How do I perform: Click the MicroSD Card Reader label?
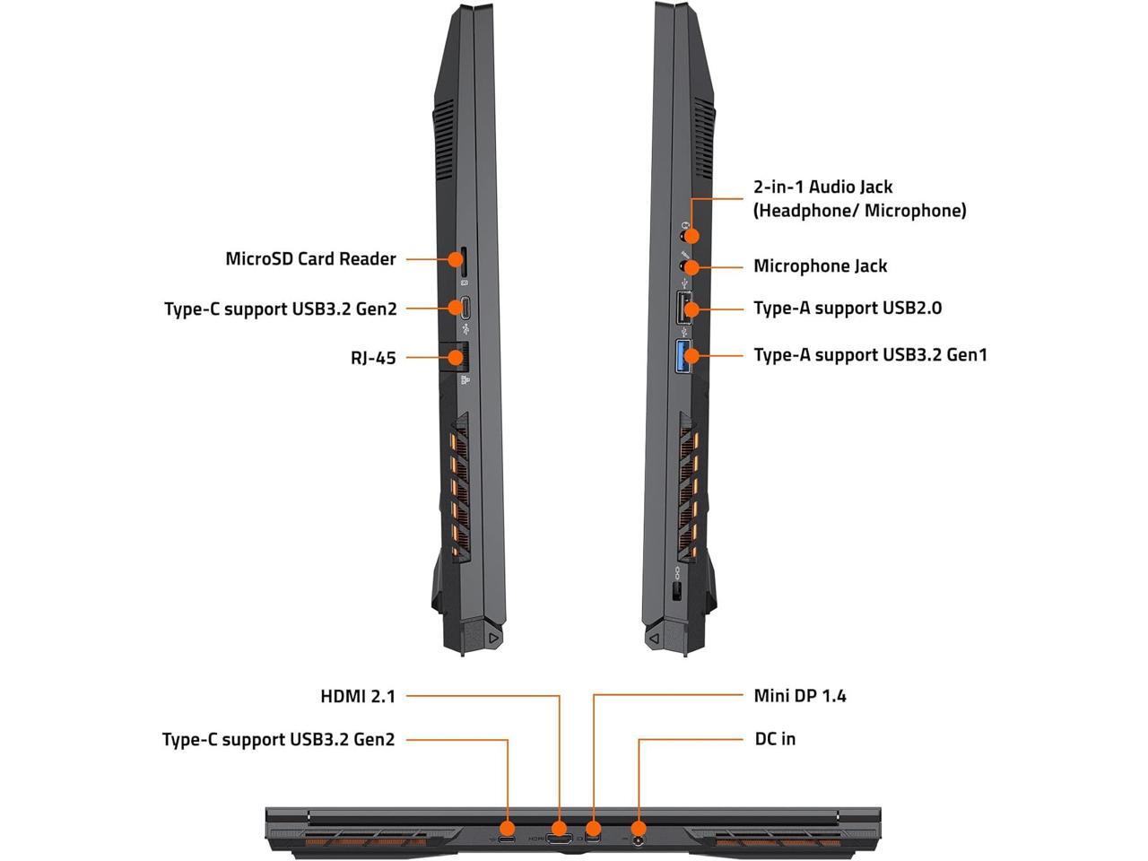(x=310, y=259)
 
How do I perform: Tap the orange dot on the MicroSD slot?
(x=457, y=259)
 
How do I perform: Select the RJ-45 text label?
(x=373, y=358)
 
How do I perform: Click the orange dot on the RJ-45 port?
(x=457, y=358)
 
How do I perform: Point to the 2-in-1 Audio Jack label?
(x=822, y=187)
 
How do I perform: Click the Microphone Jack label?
(x=820, y=266)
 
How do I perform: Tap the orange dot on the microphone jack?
(x=691, y=267)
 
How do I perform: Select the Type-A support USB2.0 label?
(x=848, y=309)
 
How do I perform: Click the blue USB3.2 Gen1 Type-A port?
(x=683, y=355)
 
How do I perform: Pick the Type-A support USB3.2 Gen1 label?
(x=870, y=355)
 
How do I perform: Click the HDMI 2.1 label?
(x=358, y=696)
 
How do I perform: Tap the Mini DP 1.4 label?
(x=800, y=696)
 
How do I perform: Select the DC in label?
(x=775, y=739)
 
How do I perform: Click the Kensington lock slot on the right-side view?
(x=677, y=591)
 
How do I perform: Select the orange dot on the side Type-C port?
(x=457, y=309)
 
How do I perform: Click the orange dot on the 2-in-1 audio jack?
(x=691, y=235)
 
